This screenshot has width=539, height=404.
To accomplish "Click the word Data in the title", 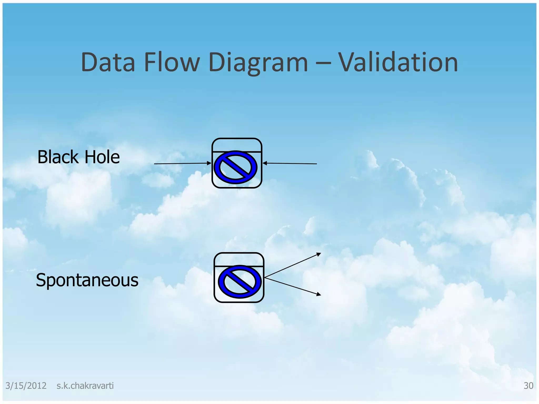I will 108,62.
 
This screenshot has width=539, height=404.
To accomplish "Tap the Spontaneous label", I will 87,280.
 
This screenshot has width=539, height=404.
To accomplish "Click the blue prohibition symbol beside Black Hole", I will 236,168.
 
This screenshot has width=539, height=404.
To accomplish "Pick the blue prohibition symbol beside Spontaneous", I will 240,281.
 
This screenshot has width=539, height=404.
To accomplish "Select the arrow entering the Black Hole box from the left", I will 183,164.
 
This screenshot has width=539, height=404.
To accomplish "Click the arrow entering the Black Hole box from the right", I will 290,164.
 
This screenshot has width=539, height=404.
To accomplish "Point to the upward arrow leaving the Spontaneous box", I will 292,265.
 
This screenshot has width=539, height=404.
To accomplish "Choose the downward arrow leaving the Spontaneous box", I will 292,286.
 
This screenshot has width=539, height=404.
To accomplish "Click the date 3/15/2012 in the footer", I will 26,386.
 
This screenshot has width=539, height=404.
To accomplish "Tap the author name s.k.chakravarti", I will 85,386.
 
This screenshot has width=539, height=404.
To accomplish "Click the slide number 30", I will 528,386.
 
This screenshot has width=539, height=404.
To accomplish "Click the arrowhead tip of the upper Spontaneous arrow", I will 320,253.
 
